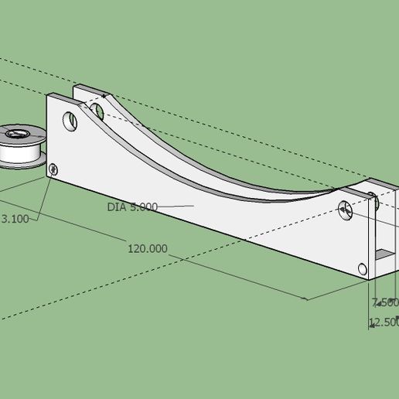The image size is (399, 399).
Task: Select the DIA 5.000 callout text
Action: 132,206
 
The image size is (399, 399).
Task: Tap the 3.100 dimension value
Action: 15,219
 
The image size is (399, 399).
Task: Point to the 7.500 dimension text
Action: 384,302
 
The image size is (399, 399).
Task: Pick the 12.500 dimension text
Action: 384,322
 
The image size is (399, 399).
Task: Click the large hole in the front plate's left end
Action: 70,122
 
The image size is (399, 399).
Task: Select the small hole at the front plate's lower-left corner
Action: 53,168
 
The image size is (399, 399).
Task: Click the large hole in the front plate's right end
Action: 346,207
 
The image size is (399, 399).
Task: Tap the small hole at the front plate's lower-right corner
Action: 363,268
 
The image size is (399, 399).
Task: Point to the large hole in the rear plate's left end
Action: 97,111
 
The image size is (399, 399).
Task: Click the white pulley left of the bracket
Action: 20,145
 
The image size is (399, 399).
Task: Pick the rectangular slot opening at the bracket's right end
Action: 383,252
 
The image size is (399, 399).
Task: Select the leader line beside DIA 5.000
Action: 176,206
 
